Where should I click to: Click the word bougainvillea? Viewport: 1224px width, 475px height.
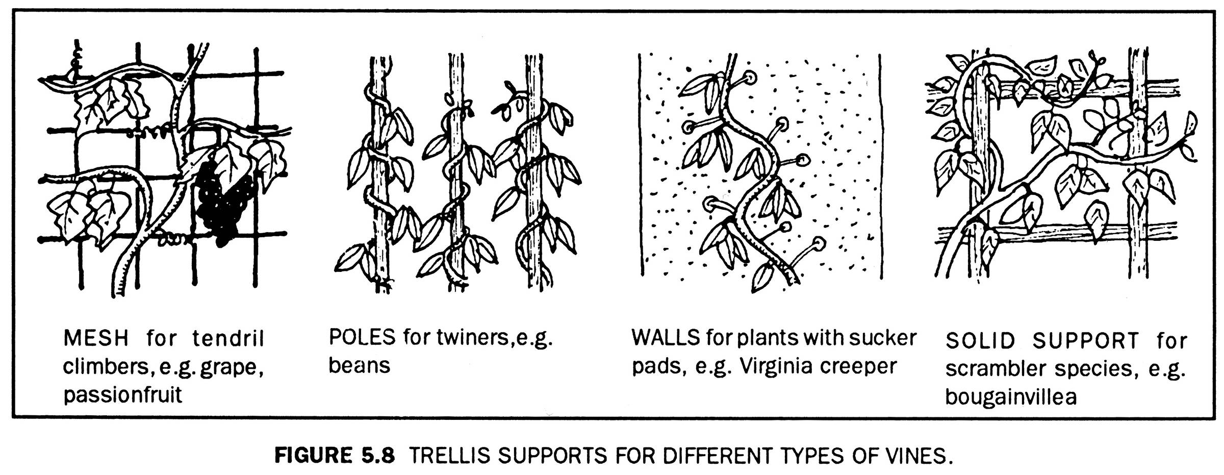coord(1011,397)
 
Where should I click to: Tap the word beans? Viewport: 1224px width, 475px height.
coord(359,366)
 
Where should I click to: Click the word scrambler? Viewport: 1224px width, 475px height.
coord(997,368)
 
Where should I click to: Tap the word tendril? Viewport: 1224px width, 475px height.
coord(228,338)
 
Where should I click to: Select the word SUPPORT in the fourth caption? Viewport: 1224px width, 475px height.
coord(1086,341)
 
